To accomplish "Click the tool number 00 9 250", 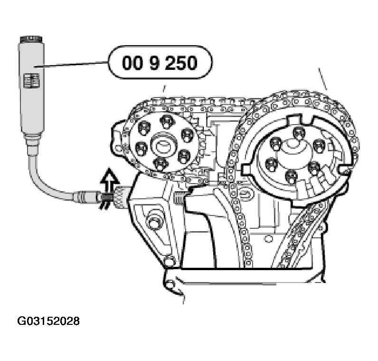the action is [x=160, y=63].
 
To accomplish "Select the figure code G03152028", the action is [x=48, y=321].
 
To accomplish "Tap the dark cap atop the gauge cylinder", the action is [x=31, y=39].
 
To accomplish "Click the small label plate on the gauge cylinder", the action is [x=31, y=81].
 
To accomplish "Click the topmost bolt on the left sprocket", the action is [x=167, y=121].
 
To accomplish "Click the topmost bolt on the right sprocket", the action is [x=299, y=133].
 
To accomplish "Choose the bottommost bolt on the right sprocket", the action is [x=291, y=176].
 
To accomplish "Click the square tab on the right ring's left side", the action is [x=246, y=168].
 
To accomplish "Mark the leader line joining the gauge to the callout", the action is [x=71, y=64].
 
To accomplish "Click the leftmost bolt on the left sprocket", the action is [x=141, y=148].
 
